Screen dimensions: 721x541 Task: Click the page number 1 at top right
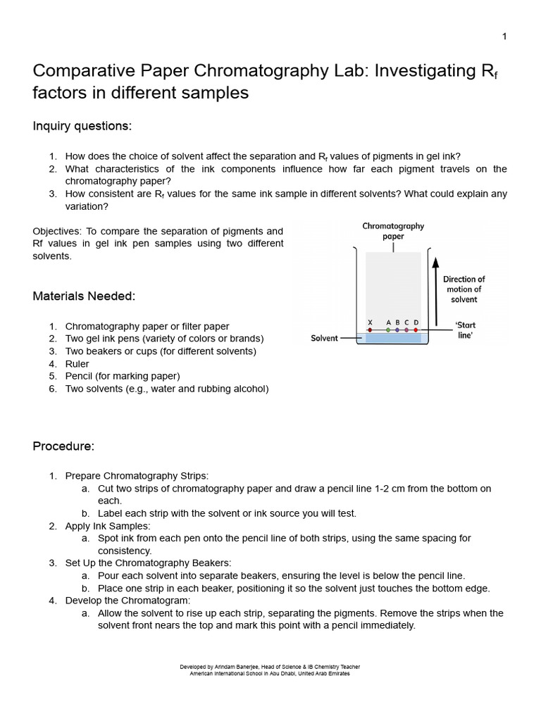pyautogui.click(x=504, y=37)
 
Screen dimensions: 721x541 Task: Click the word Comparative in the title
pyautogui.click(x=78, y=71)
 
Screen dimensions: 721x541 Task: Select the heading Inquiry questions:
pyautogui.click(x=82, y=126)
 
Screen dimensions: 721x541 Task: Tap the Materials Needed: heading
pyautogui.click(x=84, y=296)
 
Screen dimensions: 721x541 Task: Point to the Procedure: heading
pyautogui.click(x=63, y=446)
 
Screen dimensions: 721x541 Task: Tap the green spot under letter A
pyautogui.click(x=388, y=330)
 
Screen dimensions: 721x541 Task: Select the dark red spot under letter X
pyautogui.click(x=370, y=330)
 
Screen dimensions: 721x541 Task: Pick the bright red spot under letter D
pyautogui.click(x=416, y=330)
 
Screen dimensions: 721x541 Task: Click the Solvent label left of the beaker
pyautogui.click(x=325, y=338)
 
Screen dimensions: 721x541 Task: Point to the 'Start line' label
pyautogui.click(x=465, y=330)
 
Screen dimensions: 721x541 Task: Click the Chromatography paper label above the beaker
pyautogui.click(x=393, y=231)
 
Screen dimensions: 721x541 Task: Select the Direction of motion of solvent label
pyautogui.click(x=464, y=289)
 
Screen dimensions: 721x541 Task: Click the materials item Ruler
pyautogui.click(x=77, y=364)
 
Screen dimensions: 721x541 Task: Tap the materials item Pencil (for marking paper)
pyautogui.click(x=123, y=376)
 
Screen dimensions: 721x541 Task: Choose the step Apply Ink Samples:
pyautogui.click(x=107, y=525)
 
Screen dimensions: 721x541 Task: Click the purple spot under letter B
pyautogui.click(x=397, y=330)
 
